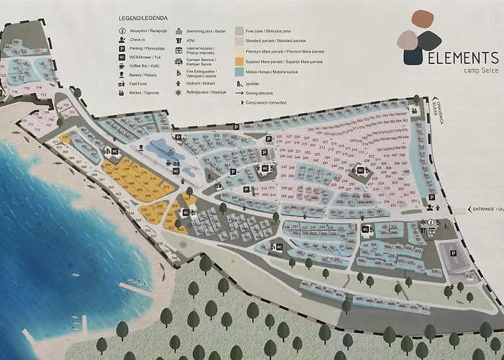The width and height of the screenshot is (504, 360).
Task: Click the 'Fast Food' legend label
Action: pos(138,83)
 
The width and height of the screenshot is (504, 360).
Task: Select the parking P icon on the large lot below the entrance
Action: pos(453,252)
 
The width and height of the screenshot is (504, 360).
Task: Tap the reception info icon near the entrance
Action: pos(431,222)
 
